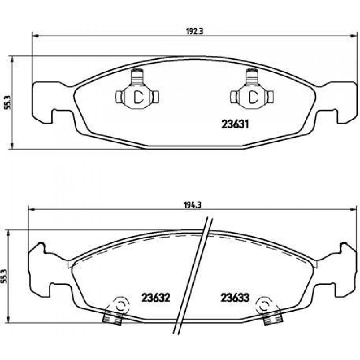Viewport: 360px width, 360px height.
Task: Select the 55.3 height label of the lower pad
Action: click(x=5, y=276)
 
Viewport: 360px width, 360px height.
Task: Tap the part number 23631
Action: click(x=236, y=124)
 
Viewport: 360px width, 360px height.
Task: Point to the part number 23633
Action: click(x=235, y=298)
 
